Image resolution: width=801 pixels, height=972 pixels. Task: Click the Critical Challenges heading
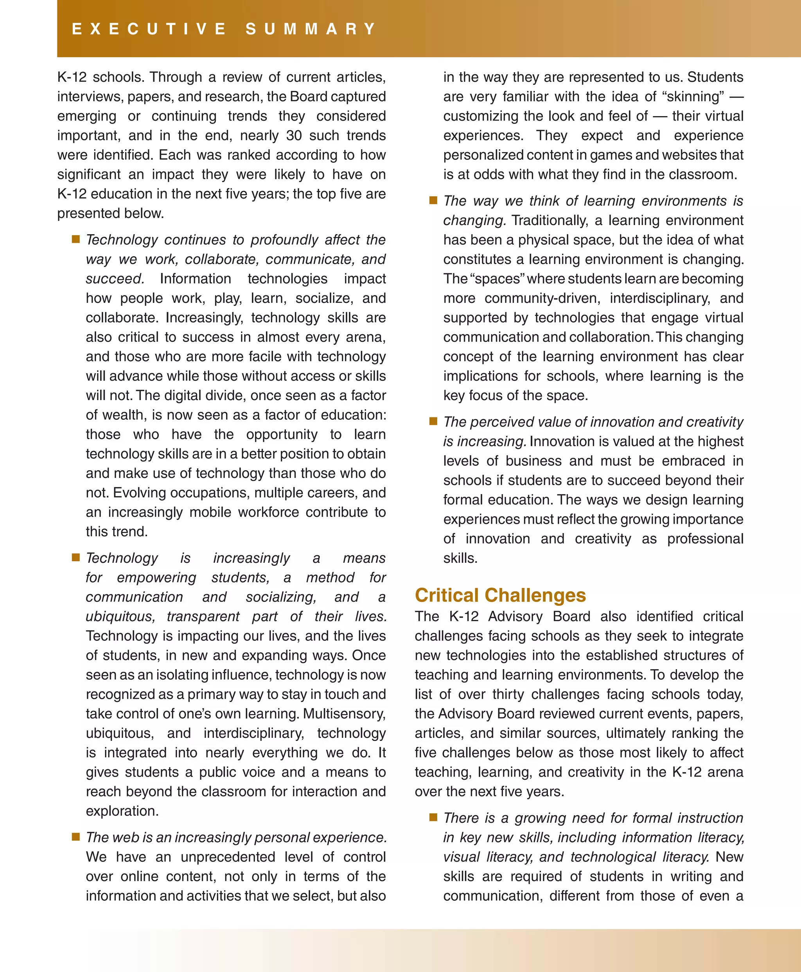(x=500, y=595)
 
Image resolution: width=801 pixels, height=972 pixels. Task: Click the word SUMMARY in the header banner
(x=311, y=29)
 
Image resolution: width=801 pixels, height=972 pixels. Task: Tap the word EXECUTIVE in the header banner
(x=149, y=29)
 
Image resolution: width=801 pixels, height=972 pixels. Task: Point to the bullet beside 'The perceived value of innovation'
(x=433, y=421)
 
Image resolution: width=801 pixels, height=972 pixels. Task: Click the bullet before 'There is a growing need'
(x=433, y=817)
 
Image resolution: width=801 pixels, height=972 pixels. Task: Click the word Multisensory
(x=344, y=714)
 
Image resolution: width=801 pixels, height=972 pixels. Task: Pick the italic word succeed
(x=115, y=279)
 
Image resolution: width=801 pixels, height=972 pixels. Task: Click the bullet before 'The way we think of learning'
(x=433, y=200)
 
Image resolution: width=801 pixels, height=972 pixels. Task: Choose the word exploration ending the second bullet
(x=122, y=811)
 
